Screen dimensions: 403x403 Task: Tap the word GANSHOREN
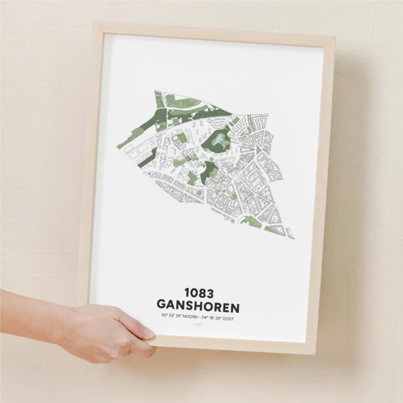tap(198, 306)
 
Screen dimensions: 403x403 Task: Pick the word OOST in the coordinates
tap(232, 318)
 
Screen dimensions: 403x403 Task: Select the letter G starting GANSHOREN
tap(162, 306)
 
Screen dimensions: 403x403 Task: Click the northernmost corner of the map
tap(155, 91)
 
